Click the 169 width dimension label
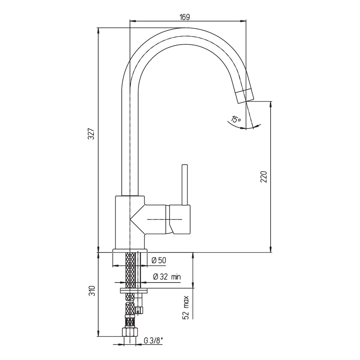coord(184,17)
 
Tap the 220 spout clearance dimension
coord(264,176)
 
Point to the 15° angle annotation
coord(236,119)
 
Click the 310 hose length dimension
coord(92,296)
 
